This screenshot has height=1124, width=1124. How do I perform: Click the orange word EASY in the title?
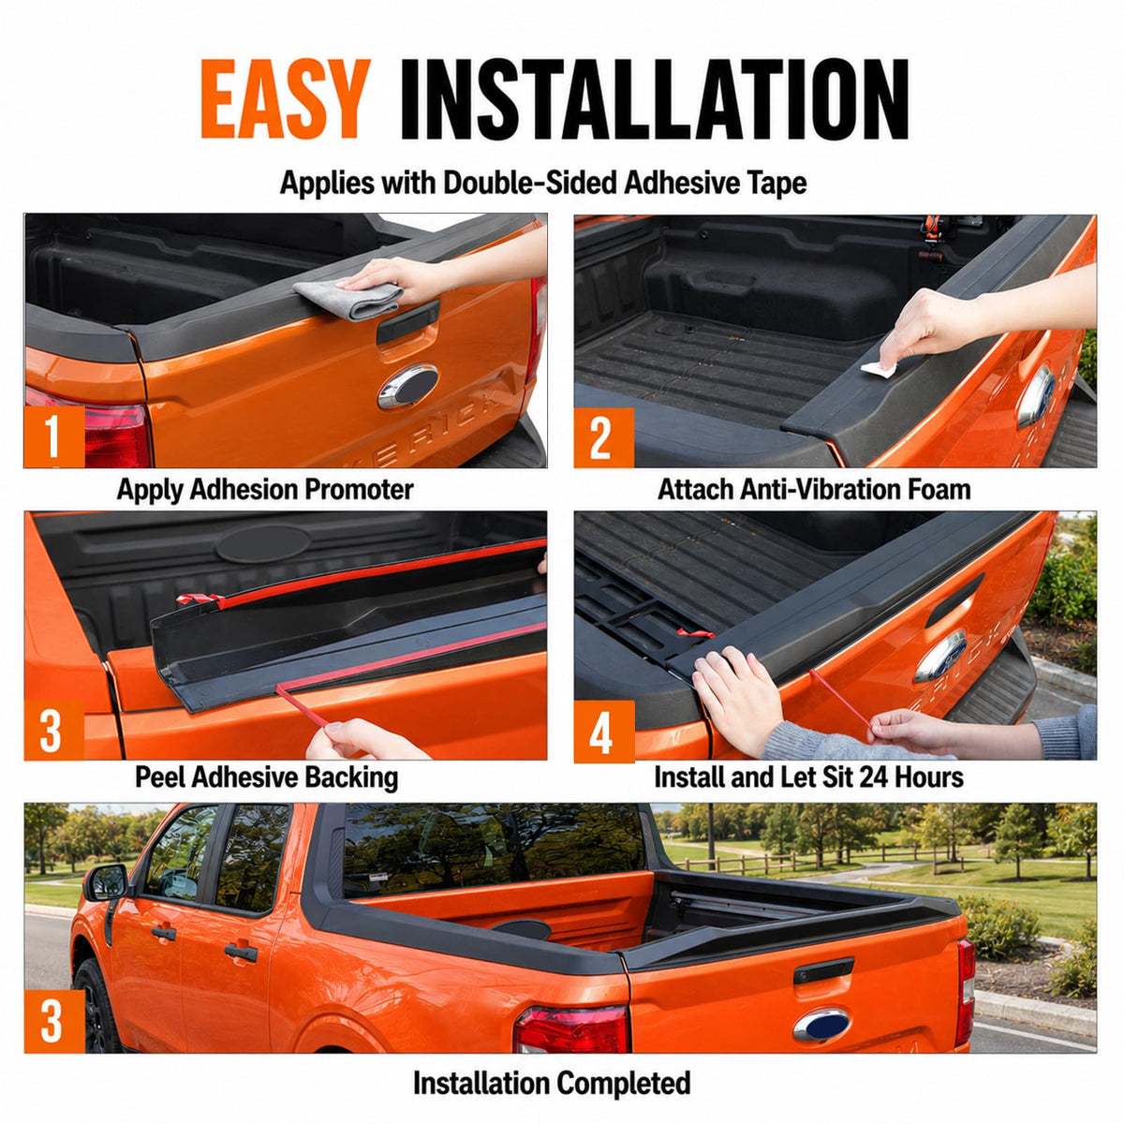(x=286, y=98)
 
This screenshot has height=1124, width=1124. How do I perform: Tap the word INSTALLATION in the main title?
(x=655, y=99)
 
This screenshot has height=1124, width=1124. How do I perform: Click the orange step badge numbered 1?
(x=54, y=436)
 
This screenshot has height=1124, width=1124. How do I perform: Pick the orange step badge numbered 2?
(x=604, y=437)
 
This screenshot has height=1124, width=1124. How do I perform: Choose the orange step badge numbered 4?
(x=604, y=732)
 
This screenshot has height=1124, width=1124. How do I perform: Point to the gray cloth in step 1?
(x=348, y=299)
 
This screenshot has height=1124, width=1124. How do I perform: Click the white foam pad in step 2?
(x=879, y=369)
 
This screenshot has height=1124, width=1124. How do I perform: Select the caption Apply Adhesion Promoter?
(x=265, y=489)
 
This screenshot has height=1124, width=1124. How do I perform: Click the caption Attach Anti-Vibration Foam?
(x=814, y=489)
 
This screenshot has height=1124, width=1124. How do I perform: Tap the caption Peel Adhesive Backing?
(x=267, y=777)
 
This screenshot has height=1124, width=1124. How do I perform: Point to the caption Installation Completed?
(x=552, y=1083)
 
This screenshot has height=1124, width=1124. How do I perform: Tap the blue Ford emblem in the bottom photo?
(x=821, y=1009)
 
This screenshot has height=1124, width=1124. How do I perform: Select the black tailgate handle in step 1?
(x=408, y=321)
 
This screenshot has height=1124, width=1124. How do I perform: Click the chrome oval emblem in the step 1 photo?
(x=408, y=386)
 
